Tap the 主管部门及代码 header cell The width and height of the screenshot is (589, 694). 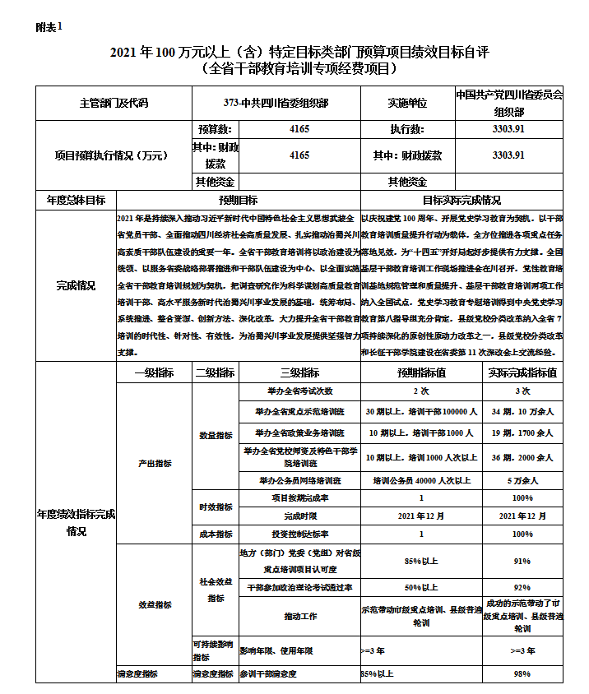coord(114,104)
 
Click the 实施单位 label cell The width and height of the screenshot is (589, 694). coord(408,104)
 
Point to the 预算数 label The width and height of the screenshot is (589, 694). coord(215,129)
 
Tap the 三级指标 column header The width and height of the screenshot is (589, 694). coord(299,372)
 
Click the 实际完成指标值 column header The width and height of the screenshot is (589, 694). coord(522,372)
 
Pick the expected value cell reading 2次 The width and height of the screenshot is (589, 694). coord(421,391)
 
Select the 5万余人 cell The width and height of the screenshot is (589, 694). coord(522,480)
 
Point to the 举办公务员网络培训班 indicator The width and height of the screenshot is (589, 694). coord(299,480)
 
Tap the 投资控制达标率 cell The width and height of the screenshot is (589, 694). coord(299,534)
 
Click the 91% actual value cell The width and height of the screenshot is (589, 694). coord(522,562)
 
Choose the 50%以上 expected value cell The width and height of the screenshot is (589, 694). coord(421,588)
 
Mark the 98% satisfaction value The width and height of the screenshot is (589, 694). coord(522,674)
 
